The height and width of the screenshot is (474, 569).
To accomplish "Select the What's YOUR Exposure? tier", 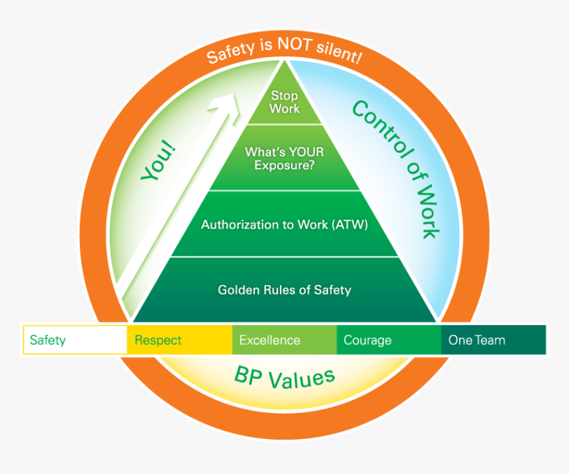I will (x=284, y=159).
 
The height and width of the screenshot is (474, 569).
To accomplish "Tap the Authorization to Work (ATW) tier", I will (x=284, y=224).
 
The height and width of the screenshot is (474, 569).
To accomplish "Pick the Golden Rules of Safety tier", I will (x=284, y=290).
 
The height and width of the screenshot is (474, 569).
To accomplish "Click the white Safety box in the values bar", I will (x=75, y=340).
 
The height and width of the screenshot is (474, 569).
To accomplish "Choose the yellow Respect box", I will (x=179, y=340).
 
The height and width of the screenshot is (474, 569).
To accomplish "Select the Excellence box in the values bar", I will (x=284, y=340).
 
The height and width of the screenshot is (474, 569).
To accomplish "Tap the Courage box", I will (x=389, y=340).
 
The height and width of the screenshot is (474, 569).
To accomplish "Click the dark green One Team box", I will (x=494, y=340).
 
